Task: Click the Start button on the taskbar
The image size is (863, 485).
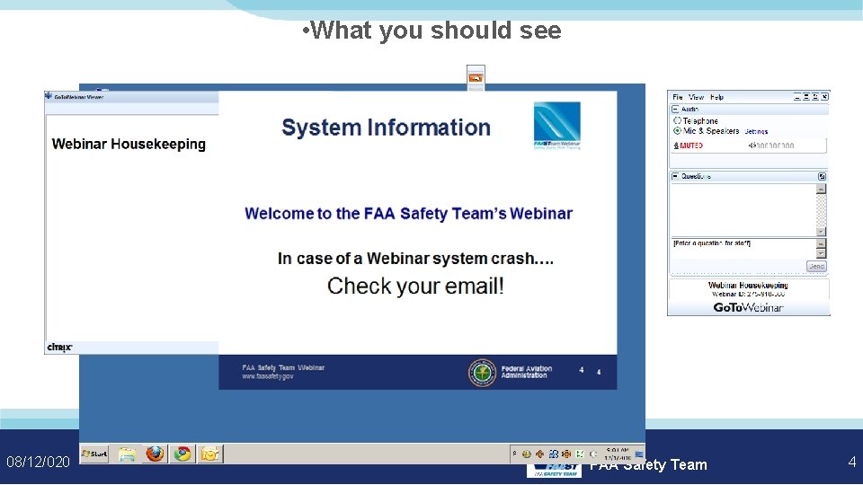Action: [93, 454]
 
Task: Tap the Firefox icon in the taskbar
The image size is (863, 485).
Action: [156, 454]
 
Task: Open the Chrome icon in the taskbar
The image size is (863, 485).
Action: [182, 454]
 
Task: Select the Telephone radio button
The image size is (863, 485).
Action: [677, 120]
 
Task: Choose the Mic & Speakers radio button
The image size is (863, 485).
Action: [677, 131]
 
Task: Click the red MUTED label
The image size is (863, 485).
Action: [690, 145]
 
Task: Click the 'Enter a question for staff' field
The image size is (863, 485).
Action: [742, 243]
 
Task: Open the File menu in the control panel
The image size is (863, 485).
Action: [678, 97]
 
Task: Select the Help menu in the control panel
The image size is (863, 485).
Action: [716, 97]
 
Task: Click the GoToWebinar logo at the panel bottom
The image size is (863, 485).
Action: [748, 307]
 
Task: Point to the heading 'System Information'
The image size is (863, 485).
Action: [386, 128]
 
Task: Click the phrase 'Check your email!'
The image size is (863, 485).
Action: [415, 287]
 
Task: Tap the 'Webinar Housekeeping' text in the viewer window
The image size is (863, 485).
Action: [129, 144]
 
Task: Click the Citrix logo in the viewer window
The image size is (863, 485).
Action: [59, 347]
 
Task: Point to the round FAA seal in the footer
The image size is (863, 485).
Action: [482, 372]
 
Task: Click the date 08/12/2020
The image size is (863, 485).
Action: [38, 462]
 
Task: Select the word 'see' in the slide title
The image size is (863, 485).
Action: [540, 31]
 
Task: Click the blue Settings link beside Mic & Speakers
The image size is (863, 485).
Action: [756, 131]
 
